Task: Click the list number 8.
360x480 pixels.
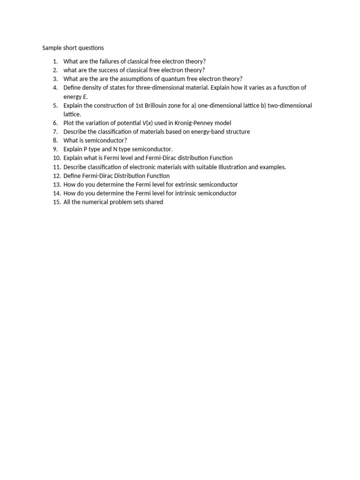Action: pos(55,140)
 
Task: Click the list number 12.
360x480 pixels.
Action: pos(56,176)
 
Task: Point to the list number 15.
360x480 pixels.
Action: pos(56,202)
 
